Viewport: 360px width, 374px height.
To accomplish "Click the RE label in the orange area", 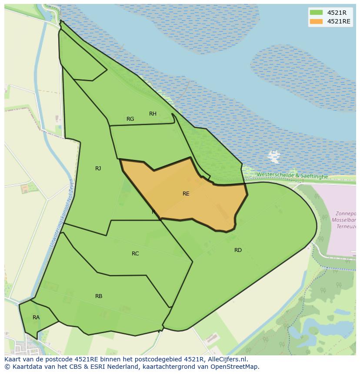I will coord(186,194).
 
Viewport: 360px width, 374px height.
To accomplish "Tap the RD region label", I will coord(238,250).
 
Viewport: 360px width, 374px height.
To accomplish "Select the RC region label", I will coord(135,254).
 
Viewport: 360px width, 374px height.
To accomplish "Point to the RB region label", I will coord(99,296).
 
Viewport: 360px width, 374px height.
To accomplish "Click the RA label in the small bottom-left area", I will coord(36,318).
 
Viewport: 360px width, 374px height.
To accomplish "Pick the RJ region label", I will coord(98,169).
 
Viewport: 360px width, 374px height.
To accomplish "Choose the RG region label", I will coord(130,119).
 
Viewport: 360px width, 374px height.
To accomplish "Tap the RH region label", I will coord(153,114).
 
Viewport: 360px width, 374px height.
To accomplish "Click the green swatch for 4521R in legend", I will coord(317,13).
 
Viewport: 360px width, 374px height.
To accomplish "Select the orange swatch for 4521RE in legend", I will coord(317,21).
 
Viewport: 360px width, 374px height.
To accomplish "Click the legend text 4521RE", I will coord(339,21).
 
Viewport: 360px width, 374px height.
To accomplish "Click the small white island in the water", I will coord(274,155).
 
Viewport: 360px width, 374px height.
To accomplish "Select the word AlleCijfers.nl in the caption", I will coord(227,359).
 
